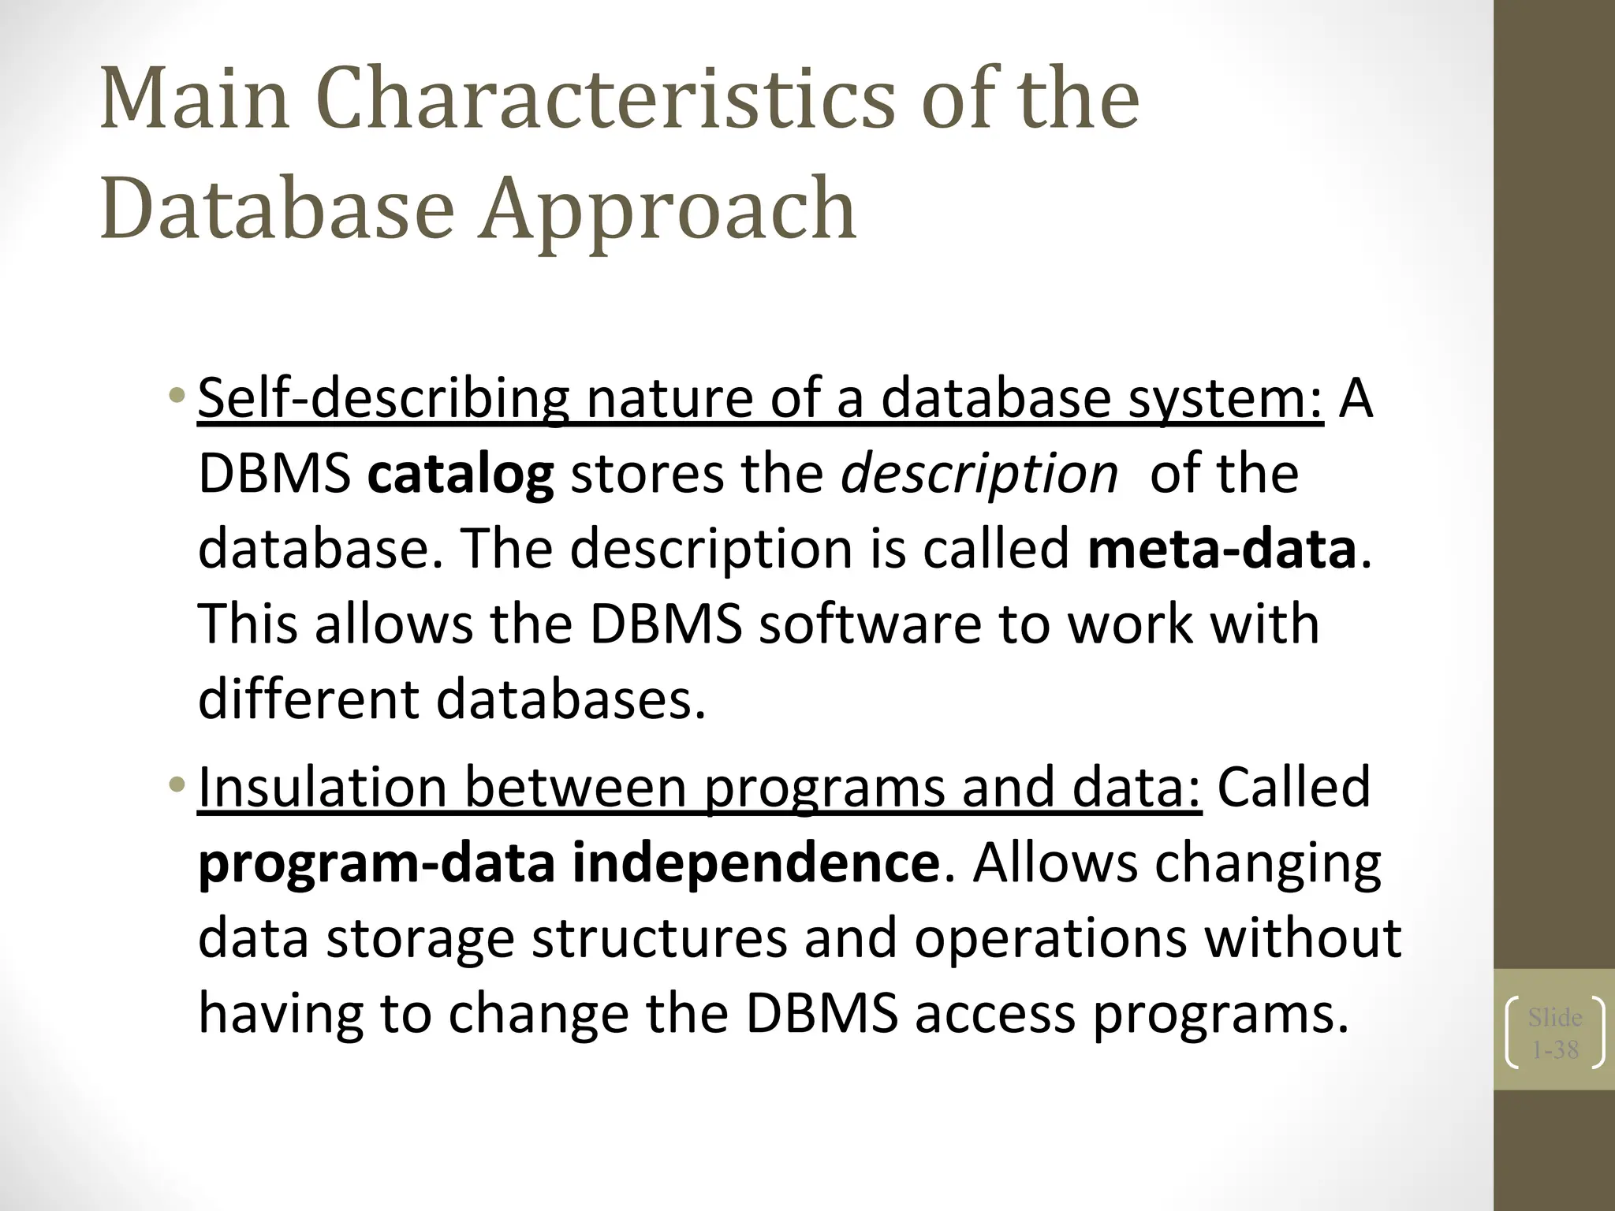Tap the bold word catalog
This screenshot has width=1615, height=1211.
[461, 475]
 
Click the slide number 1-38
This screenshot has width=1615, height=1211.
[1555, 1050]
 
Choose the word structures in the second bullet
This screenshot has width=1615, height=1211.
[659, 938]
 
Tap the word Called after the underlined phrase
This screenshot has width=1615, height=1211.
[1293, 788]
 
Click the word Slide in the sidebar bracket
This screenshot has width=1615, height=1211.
[1555, 1018]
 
